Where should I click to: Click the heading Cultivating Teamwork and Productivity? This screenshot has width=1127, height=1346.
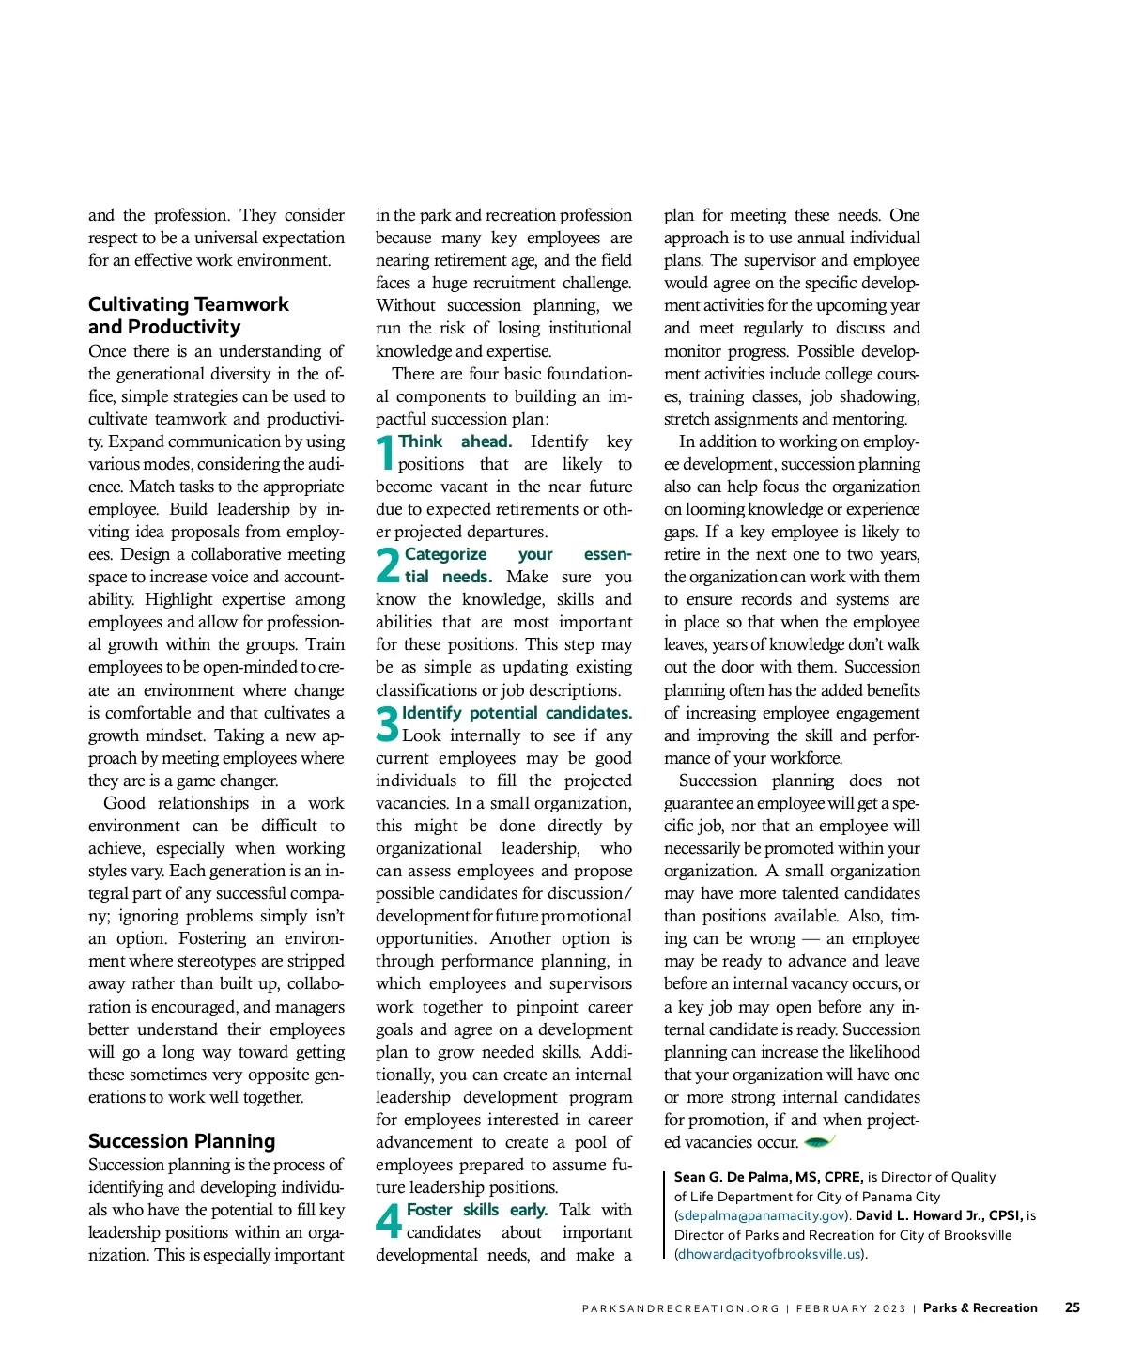(x=188, y=316)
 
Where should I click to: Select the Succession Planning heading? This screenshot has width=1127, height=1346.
(x=181, y=1141)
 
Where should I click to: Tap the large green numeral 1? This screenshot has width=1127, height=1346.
(x=385, y=453)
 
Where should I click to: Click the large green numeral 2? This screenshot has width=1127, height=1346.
(x=388, y=565)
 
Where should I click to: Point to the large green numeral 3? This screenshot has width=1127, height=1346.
(x=387, y=724)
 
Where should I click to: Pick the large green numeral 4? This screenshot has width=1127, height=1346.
(x=389, y=1221)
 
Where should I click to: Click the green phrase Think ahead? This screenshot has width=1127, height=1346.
(x=455, y=441)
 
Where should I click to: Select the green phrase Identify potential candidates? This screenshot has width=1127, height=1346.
(x=517, y=713)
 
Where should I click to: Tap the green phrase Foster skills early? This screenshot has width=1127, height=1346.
(x=476, y=1210)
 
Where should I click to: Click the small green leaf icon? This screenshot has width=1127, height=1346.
(x=819, y=1141)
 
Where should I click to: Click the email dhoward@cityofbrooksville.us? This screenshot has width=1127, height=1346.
(x=769, y=1255)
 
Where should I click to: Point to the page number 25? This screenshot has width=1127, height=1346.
(x=1072, y=1307)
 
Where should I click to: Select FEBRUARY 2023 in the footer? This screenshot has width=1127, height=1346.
(x=851, y=1308)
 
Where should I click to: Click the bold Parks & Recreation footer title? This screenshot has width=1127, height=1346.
(x=980, y=1307)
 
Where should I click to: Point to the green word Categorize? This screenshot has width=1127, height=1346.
(x=445, y=554)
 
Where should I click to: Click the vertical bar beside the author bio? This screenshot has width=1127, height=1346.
(x=664, y=1214)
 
